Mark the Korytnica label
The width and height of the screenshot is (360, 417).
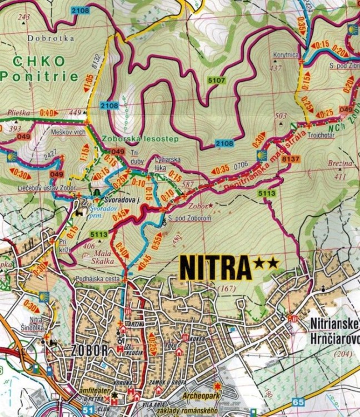(286, 56)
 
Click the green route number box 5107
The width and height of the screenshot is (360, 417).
(217, 81)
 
